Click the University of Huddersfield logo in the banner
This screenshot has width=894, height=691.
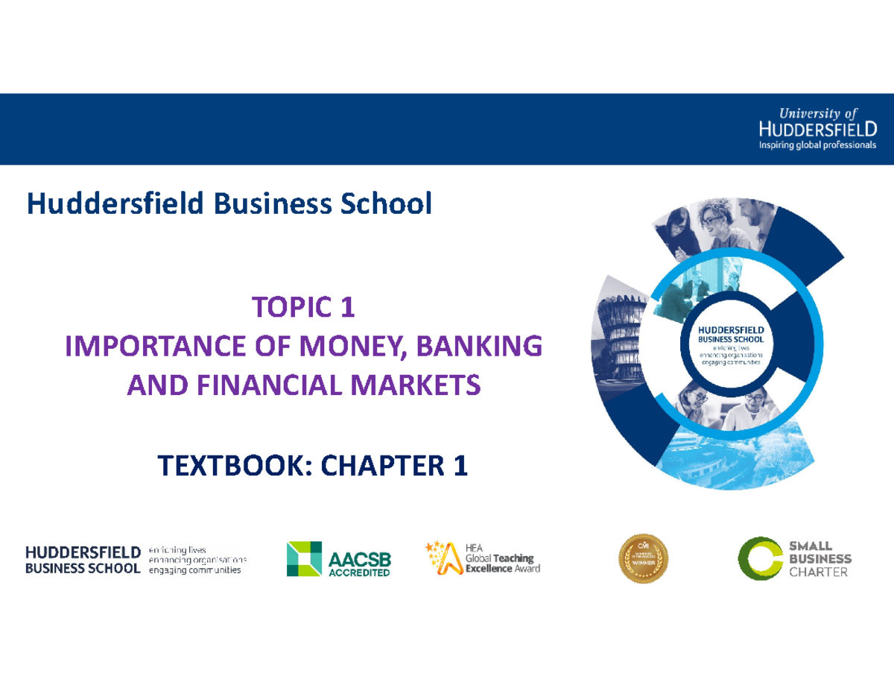click(x=817, y=127)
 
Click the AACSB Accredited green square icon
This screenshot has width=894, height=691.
click(x=304, y=559)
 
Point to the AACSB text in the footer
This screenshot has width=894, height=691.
click(x=359, y=558)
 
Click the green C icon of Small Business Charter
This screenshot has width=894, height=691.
click(x=759, y=559)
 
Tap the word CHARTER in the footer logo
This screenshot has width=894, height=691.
click(x=818, y=572)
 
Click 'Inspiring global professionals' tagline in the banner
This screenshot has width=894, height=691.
click(x=817, y=145)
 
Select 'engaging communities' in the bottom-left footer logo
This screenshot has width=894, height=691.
click(x=195, y=571)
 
